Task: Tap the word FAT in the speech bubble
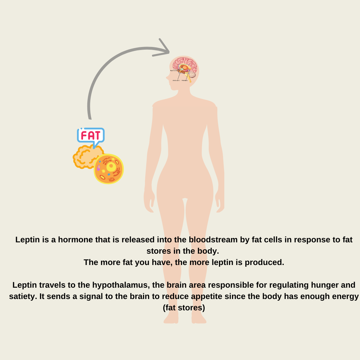point(91,135)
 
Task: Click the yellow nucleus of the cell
point(111,166)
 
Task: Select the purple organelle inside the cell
point(99,168)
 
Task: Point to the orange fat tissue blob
point(85,157)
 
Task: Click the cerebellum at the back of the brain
point(192,74)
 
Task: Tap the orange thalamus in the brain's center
point(185,68)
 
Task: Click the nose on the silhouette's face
point(167,78)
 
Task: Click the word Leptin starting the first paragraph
point(27,240)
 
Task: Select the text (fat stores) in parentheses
point(184,308)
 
